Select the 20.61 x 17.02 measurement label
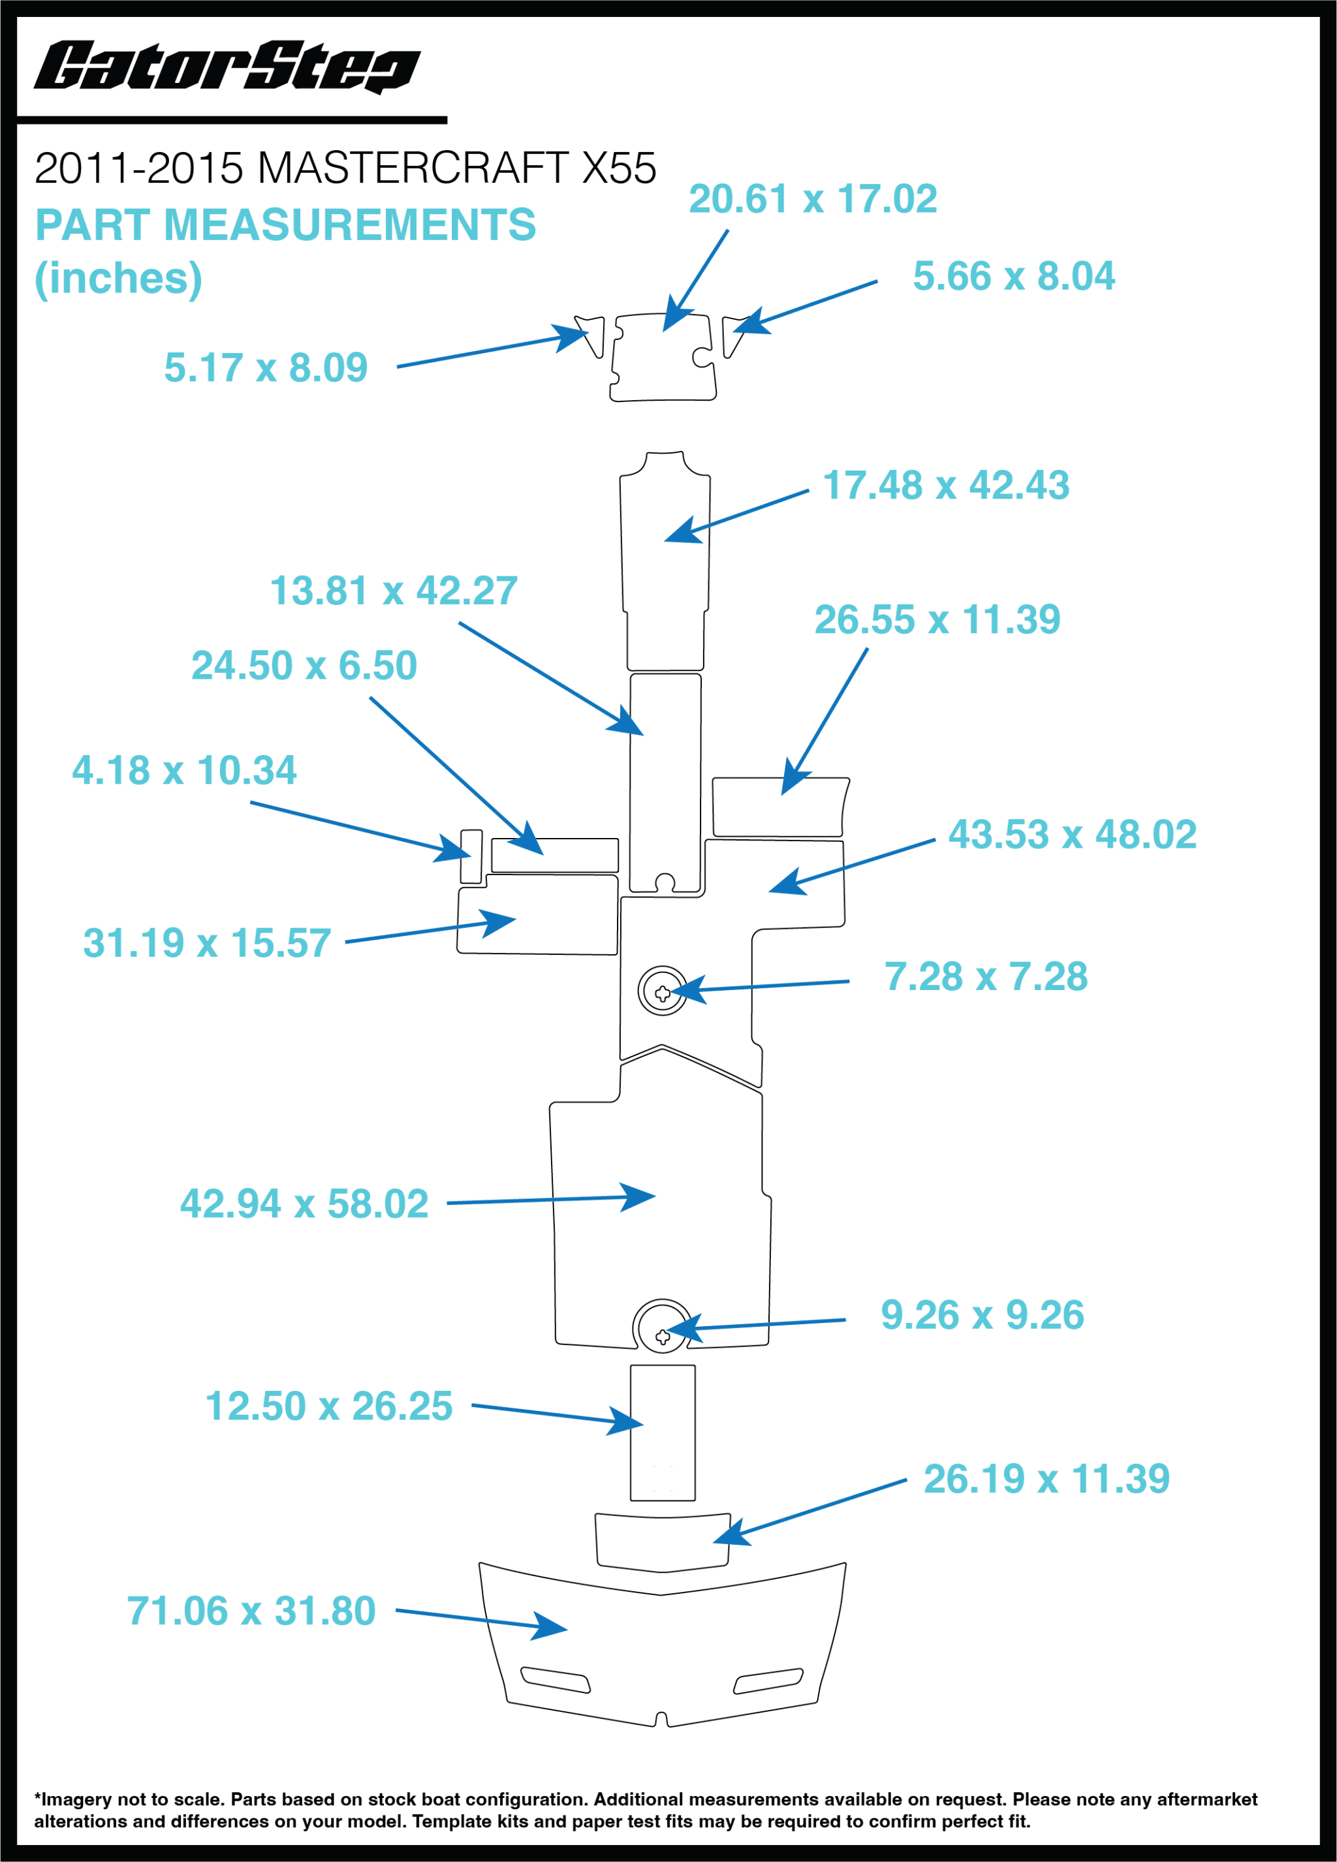812,198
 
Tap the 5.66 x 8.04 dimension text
1013,276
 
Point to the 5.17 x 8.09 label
265,367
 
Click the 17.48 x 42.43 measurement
945,485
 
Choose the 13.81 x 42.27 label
394,590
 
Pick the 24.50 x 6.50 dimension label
304,665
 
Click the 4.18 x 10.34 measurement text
184,770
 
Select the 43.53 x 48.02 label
1072,834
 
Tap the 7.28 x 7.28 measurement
986,976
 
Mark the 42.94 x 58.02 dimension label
304,1203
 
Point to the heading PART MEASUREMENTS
285,225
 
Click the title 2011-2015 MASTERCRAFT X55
345,168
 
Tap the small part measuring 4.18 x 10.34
471,856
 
